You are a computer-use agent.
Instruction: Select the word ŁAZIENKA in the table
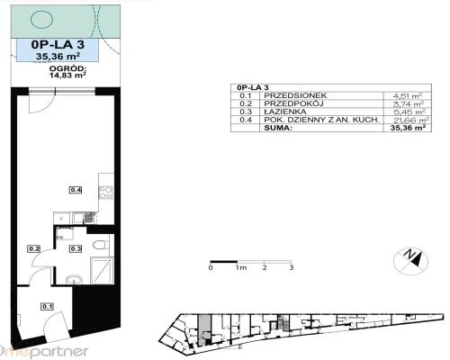coord(282,111)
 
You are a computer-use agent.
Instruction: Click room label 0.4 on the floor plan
coord(76,189)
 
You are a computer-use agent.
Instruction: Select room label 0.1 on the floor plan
coord(46,307)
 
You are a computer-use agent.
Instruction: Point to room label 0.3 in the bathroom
coord(76,248)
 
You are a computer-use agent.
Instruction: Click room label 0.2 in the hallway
coord(34,248)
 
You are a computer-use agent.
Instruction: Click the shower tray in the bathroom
coord(102,270)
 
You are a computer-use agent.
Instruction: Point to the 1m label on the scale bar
coord(239,267)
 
